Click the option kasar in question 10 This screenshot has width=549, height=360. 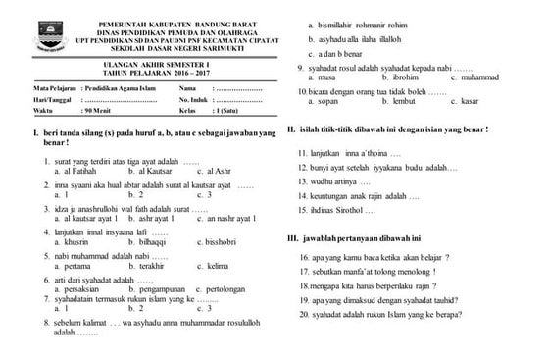click(468, 100)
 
